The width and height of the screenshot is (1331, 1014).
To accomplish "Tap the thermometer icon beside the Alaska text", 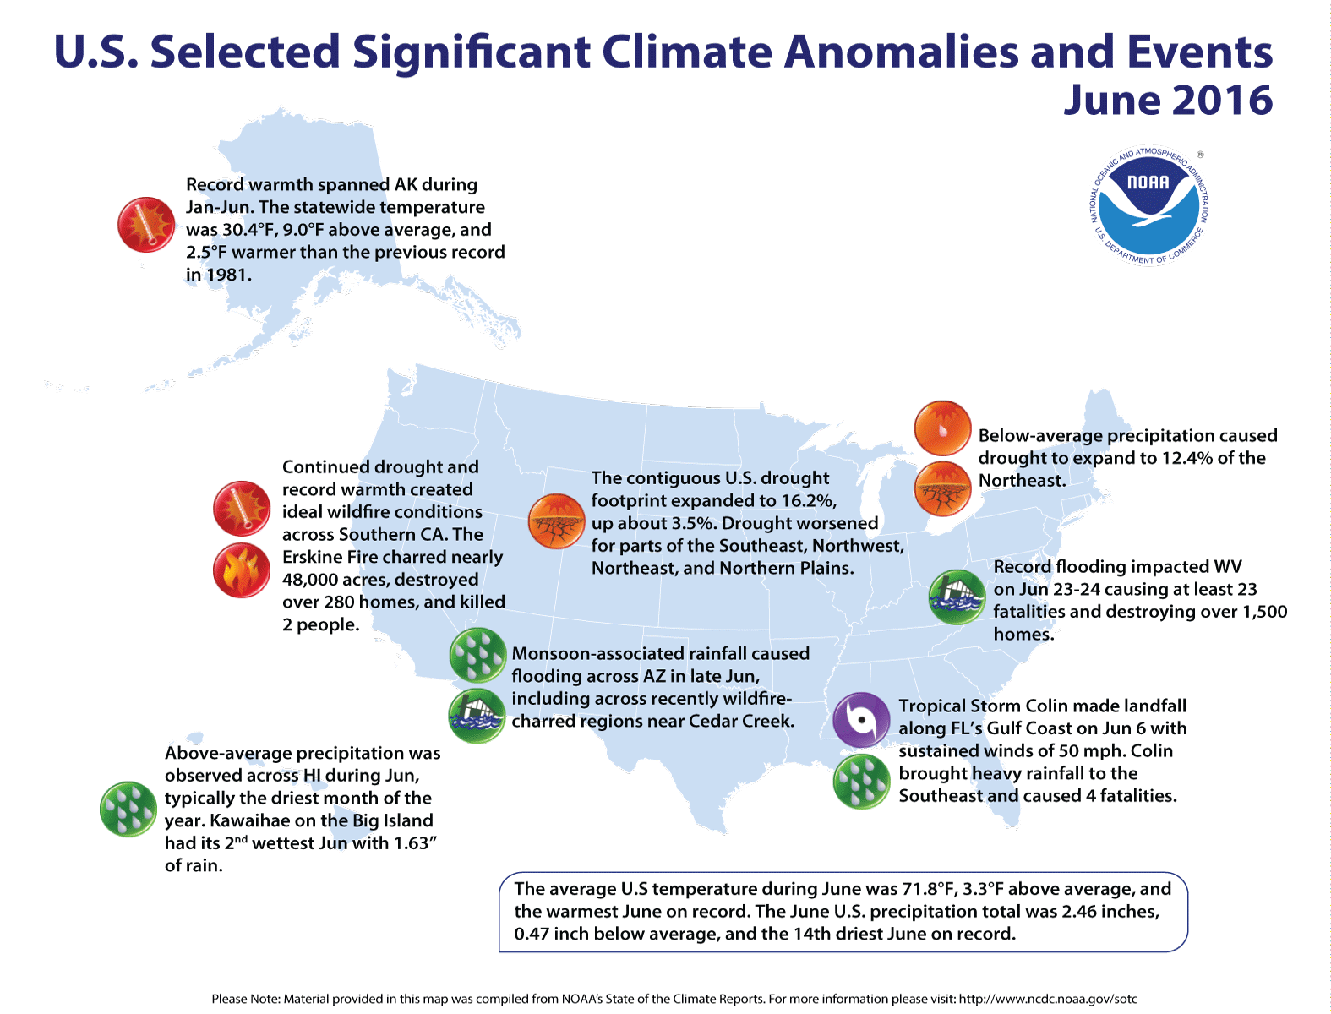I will click(146, 225).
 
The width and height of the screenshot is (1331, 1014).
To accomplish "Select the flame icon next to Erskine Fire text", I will click(242, 570).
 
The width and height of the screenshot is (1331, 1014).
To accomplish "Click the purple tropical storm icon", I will click(861, 720).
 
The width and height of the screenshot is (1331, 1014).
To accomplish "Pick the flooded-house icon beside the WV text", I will click(957, 597).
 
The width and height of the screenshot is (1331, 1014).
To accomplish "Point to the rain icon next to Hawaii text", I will click(128, 809).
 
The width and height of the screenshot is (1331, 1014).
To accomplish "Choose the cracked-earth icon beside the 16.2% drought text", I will click(556, 521).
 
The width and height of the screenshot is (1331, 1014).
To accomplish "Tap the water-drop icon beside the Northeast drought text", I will click(942, 428).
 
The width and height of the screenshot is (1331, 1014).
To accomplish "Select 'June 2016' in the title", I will click(1167, 101).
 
